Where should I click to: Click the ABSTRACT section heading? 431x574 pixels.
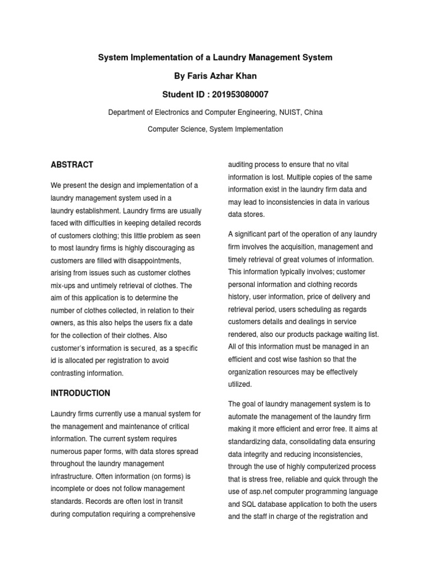point(72,165)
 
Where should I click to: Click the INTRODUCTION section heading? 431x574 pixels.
point(80,393)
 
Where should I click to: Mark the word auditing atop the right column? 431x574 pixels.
point(242,165)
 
